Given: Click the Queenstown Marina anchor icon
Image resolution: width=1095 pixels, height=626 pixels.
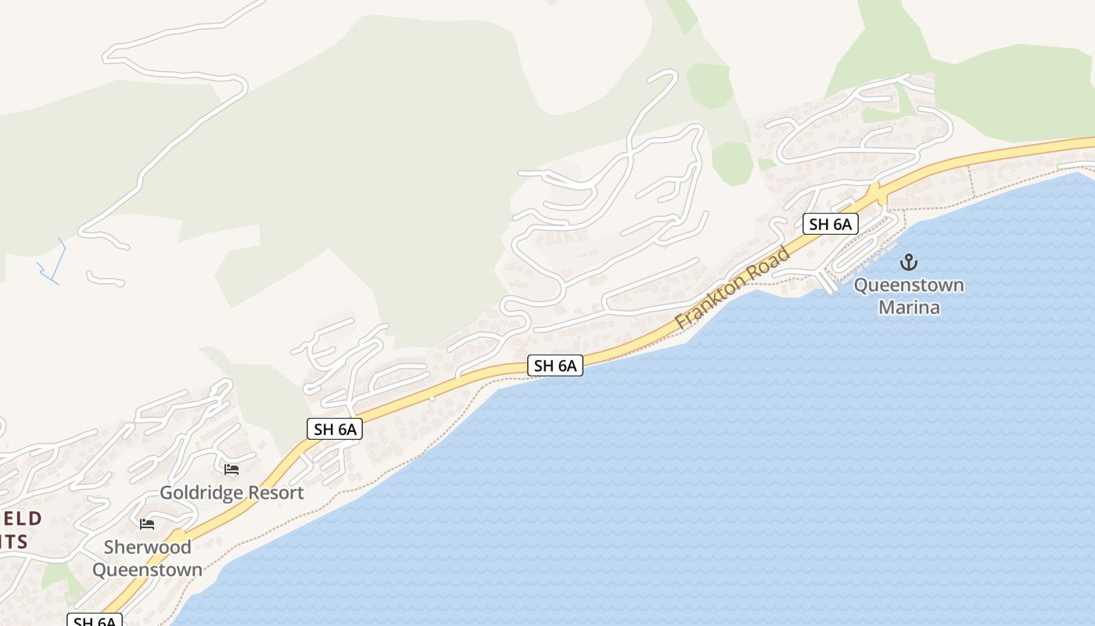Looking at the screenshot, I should pos(909,261).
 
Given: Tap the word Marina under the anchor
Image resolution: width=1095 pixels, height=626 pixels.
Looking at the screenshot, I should pos(909,308).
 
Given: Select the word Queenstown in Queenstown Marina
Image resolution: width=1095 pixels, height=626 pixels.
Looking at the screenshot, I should pos(909,285).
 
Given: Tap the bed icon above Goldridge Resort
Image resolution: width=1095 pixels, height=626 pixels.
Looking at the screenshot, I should pos(232,469).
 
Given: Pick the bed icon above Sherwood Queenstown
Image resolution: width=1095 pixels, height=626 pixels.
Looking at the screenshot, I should pos(147,523).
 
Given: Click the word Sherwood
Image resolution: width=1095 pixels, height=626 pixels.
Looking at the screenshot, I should pos(147,547).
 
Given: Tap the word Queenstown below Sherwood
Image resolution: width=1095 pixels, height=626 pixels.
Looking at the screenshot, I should pos(147,570).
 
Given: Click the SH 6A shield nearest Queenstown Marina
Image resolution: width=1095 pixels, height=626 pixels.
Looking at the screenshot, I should pos(830,225).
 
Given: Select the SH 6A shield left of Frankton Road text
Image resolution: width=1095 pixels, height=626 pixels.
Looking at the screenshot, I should pos(555,365).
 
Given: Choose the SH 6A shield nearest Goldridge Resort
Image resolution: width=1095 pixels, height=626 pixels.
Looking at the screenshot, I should pos(335,429).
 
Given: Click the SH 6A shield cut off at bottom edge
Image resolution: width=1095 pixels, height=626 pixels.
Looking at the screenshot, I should pos(95,621).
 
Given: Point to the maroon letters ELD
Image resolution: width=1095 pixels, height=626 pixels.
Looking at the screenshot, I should pos(21,518).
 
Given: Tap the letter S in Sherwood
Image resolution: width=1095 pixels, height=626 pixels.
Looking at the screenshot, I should pos(110,547).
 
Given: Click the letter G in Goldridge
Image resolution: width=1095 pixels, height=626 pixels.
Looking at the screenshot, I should pos(166,493).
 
